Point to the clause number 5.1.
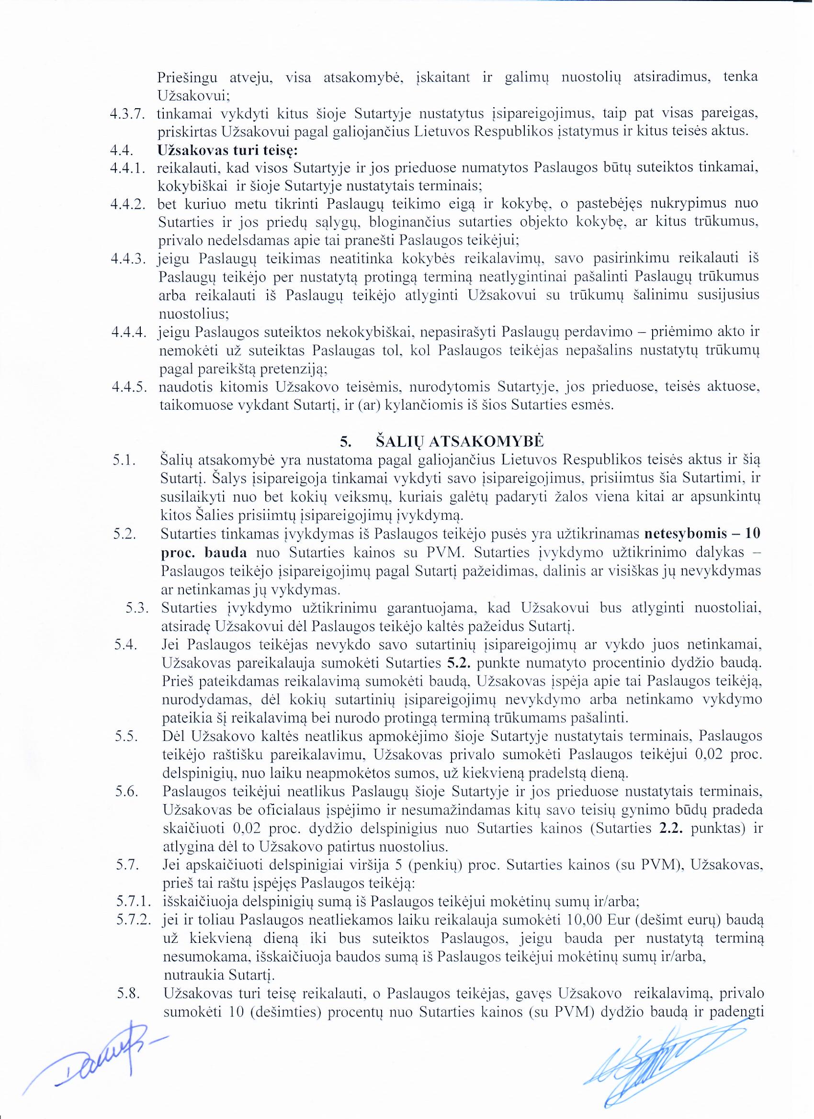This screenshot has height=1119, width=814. pyautogui.click(x=124, y=460)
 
